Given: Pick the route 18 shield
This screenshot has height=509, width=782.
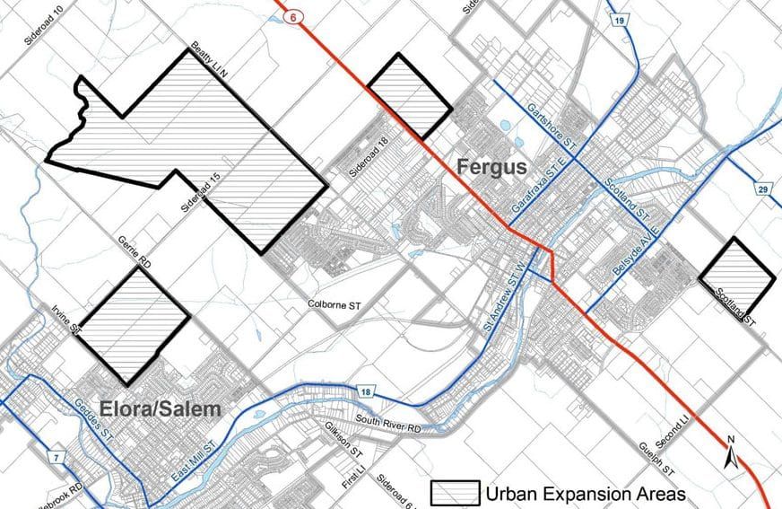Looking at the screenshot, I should (x=366, y=392).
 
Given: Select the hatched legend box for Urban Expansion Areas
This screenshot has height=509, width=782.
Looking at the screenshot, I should (x=456, y=493).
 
